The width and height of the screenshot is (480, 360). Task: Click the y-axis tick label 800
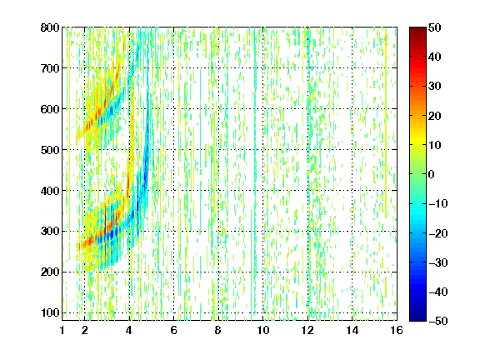coord(50,27)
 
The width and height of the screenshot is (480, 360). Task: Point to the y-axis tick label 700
coord(50,68)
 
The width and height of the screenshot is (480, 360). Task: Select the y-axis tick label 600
coord(50,109)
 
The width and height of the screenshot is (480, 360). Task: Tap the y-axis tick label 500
coord(50,150)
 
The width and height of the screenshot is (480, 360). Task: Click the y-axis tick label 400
coord(50,191)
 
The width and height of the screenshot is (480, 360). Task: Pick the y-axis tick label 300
coord(50,232)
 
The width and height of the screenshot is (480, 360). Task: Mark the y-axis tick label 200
coord(50,272)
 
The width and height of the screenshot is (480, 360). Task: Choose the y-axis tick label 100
coord(50,312)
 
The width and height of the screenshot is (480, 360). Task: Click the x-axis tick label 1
coord(62,330)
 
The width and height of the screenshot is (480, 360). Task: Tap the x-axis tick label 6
coord(174,330)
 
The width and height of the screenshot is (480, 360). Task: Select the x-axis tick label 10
coord(263,330)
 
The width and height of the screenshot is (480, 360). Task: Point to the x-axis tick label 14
coord(352,330)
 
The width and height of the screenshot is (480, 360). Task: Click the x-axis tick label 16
coord(397,330)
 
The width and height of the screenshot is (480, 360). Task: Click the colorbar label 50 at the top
coord(434,27)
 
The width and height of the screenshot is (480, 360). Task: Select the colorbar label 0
coord(432,174)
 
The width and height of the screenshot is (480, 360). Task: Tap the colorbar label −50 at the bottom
coord(438,321)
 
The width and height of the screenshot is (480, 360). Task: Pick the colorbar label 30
coord(434,87)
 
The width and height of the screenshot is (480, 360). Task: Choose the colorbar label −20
coord(438,233)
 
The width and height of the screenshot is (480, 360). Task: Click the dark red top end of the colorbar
coord(417,29)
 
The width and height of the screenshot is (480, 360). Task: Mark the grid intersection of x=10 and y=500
coord(263,150)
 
